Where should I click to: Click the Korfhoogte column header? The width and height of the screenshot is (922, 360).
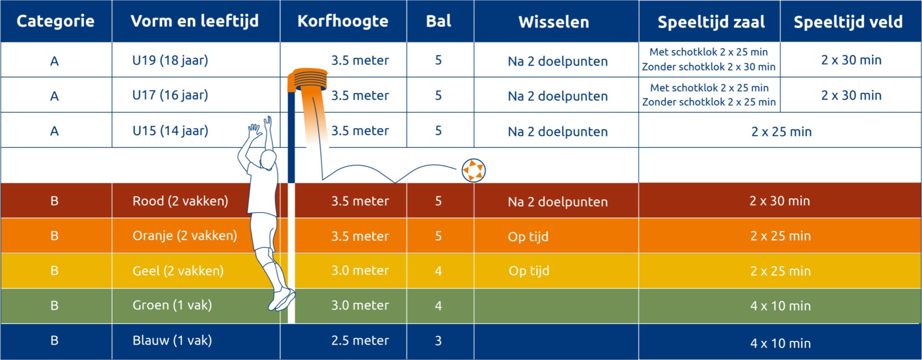click(x=342, y=21)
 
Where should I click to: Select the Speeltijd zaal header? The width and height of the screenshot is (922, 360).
click(x=711, y=22)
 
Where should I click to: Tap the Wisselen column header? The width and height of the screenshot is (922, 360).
click(x=554, y=22)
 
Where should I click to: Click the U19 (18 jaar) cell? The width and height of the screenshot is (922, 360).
click(x=170, y=60)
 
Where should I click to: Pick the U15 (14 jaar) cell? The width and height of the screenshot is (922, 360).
click(x=170, y=131)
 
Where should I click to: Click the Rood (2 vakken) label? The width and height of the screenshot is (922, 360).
click(x=180, y=201)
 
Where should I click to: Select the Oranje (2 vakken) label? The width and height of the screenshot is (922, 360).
click(x=185, y=236)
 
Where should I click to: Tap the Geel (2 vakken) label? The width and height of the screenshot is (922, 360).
click(x=178, y=271)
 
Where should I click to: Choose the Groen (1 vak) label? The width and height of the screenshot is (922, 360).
click(x=172, y=305)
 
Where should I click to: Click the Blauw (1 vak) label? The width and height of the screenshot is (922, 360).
click(x=172, y=340)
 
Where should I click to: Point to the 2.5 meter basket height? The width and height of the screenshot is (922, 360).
click(x=360, y=340)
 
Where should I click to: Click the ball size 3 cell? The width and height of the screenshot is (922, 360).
click(x=438, y=341)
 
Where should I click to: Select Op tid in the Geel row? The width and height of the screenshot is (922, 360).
click(x=529, y=271)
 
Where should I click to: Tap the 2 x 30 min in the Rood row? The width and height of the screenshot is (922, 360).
click(x=780, y=201)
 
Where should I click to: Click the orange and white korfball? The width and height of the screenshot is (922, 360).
click(x=473, y=170)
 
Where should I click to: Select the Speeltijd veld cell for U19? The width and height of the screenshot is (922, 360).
click(x=851, y=60)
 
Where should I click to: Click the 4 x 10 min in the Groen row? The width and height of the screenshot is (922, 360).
click(x=780, y=306)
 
